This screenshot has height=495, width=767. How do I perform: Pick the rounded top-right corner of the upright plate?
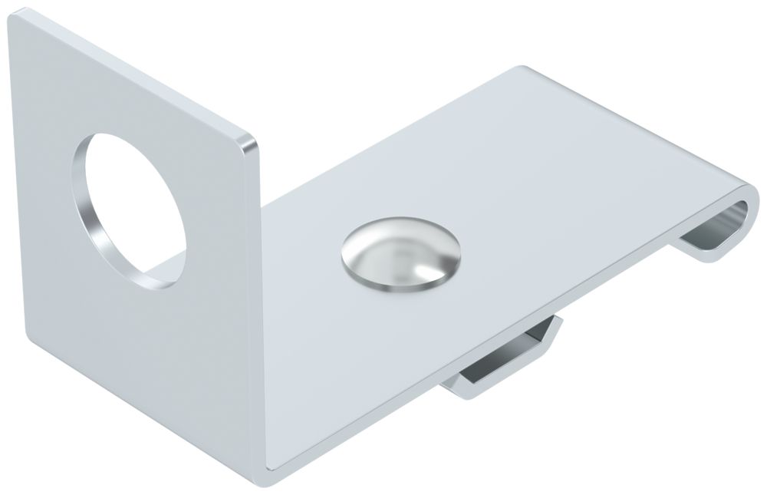pos(249,142)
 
